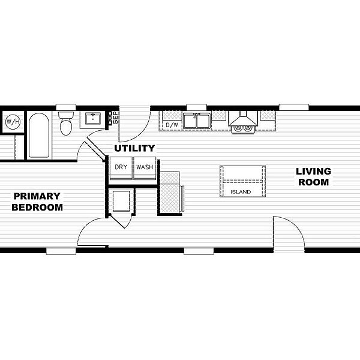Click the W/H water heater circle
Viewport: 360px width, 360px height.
(x=13, y=121)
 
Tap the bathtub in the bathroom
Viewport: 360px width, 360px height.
(x=39, y=135)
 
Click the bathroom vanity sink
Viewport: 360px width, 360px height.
(x=93, y=118)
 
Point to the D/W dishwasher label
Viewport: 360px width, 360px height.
(x=172, y=125)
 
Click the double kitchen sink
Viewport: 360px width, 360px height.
(x=197, y=121)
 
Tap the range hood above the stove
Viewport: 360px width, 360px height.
(x=243, y=119)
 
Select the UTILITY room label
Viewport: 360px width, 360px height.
(x=134, y=149)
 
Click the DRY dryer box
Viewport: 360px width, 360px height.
(x=121, y=168)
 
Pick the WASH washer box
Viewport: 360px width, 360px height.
(x=145, y=168)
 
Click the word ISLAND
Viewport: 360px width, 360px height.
(x=241, y=192)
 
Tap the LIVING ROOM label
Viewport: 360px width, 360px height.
(x=313, y=177)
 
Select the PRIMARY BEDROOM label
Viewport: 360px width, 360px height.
(x=37, y=202)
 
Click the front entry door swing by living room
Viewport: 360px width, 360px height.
(x=289, y=232)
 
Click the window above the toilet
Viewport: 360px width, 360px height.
(x=66, y=107)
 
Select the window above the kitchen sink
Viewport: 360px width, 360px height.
(x=197, y=107)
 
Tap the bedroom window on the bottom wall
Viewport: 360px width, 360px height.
(x=61, y=251)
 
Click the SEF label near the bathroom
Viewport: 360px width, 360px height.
(x=116, y=118)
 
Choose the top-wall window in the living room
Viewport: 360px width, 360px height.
(x=294, y=107)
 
